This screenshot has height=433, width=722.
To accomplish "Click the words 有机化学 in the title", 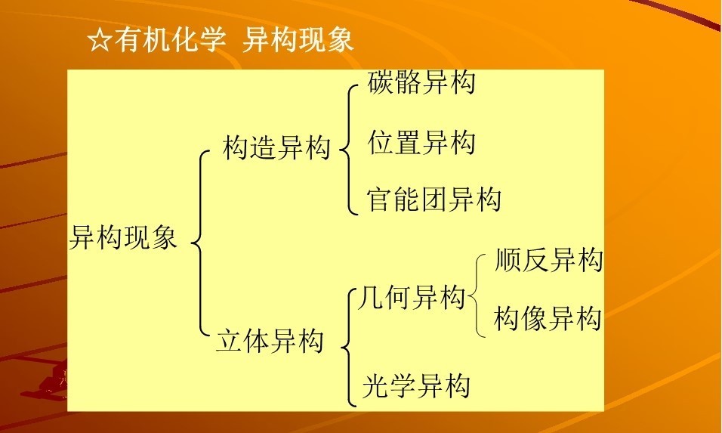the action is (x=171, y=39).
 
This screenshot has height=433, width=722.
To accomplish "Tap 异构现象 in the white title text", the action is (x=298, y=39).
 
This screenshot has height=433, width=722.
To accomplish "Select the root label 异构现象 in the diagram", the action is (x=123, y=238).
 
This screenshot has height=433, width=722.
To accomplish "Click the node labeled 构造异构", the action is (x=276, y=148).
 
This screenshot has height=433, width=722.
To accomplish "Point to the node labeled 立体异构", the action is (x=270, y=340).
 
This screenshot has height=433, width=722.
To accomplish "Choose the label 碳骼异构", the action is (x=421, y=82).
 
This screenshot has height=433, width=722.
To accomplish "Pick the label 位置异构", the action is (x=421, y=142).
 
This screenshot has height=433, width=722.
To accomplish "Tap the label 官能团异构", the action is (x=434, y=199).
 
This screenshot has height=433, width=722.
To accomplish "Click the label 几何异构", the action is (x=411, y=297).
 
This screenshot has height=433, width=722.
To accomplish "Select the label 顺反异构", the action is (x=548, y=260).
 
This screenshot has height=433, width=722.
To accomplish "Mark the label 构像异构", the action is (x=548, y=318).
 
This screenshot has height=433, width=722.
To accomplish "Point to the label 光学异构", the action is (x=416, y=385).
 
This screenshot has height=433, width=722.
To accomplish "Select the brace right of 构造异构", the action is (x=349, y=150).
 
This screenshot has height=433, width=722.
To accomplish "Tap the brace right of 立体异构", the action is (x=350, y=348).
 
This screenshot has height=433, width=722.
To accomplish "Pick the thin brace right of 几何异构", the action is (x=476, y=295).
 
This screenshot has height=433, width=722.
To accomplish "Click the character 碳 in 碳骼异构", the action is (x=381, y=82).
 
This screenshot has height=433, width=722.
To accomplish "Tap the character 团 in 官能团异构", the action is (x=434, y=199).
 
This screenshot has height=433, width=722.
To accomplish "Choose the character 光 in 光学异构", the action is (x=375, y=385).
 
